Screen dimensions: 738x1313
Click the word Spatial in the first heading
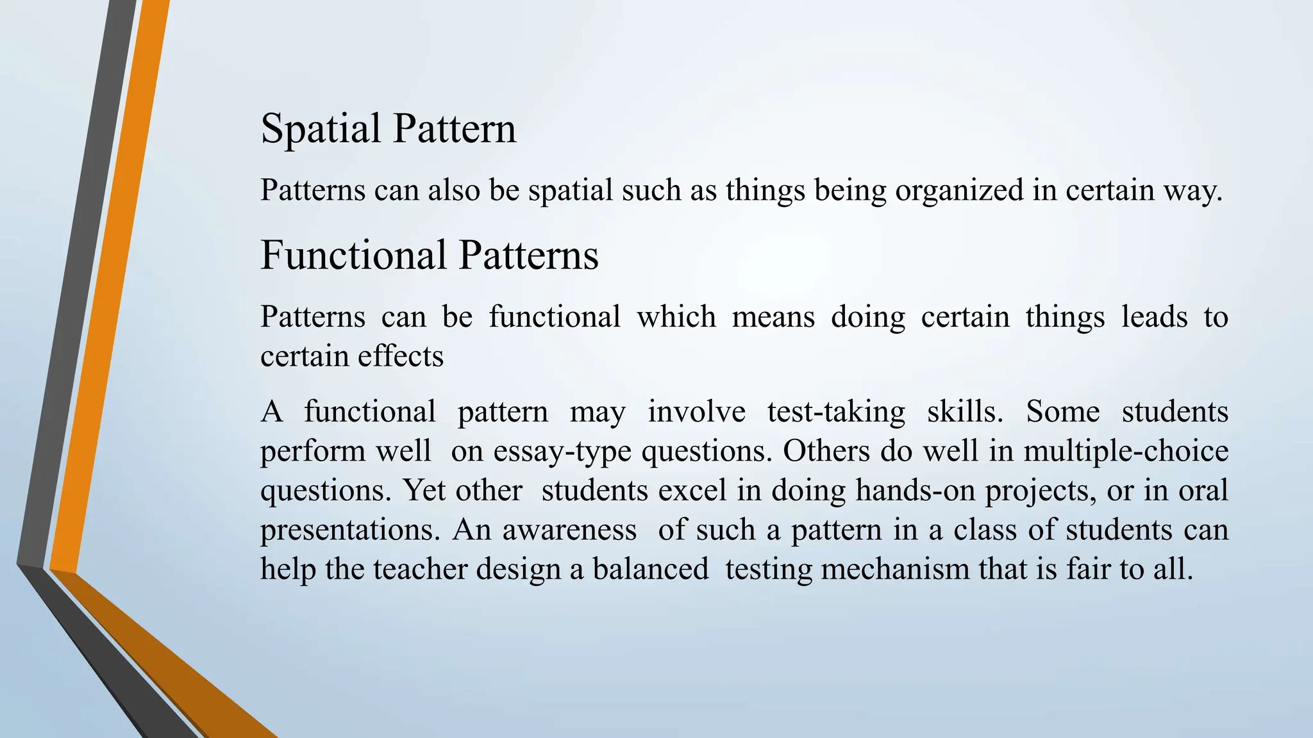point(321,129)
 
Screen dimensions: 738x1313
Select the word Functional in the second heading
point(353,255)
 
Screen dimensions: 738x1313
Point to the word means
point(773,317)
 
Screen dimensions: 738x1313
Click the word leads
point(1154,317)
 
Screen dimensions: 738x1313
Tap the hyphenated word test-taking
point(836,412)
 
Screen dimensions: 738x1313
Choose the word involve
point(696,412)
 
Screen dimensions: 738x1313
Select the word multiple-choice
point(1126,451)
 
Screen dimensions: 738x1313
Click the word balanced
point(650,570)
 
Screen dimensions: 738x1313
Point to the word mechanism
point(895,570)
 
